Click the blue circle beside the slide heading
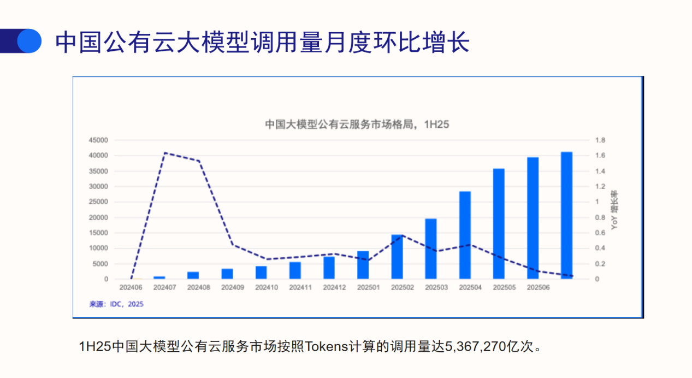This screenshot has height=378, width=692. tap(29, 41)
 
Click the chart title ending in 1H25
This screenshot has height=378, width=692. tap(357, 125)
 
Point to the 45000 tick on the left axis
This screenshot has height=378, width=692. tap(99, 140)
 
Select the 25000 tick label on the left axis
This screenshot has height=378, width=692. tap(99, 202)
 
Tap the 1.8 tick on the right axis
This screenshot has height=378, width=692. tap(600, 140)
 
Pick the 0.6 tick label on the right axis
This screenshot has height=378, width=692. tap(600, 233)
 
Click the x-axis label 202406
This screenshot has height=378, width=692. tap(131, 287)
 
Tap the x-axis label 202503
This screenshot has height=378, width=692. tap(436, 287)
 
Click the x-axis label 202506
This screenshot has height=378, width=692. tap(537, 287)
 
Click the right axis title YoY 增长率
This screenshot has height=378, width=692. tap(614, 210)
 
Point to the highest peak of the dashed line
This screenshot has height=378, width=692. tap(165, 153)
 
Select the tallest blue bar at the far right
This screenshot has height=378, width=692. tap(567, 215)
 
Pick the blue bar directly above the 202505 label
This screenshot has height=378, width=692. tap(499, 223)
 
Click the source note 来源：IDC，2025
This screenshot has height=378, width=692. tap(116, 304)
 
